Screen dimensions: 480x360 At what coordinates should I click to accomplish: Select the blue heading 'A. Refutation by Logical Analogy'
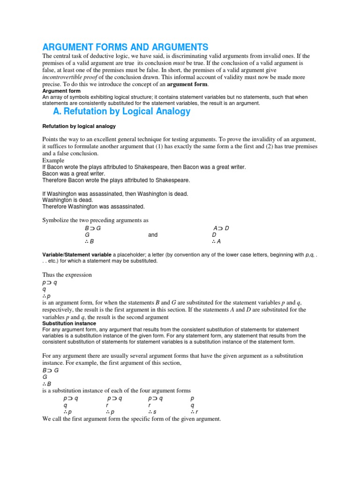(x=122, y=111)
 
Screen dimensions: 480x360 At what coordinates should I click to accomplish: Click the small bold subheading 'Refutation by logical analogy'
(x=79, y=127)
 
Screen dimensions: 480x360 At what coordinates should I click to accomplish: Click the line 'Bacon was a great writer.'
(x=74, y=173)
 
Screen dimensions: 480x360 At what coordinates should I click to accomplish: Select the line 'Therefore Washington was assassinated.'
(x=94, y=206)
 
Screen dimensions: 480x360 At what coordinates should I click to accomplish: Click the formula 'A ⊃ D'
(x=221, y=228)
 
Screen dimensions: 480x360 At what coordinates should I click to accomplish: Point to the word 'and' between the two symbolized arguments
(x=153, y=235)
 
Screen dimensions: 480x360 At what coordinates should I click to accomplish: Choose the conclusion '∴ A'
(x=216, y=242)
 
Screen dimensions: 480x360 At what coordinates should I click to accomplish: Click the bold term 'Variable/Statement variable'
(x=77, y=255)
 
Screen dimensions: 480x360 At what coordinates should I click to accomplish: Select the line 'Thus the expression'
(x=67, y=275)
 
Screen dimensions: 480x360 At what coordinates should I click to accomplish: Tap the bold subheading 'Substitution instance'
(x=69, y=323)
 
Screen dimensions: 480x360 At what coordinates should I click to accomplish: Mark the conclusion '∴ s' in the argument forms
(x=151, y=412)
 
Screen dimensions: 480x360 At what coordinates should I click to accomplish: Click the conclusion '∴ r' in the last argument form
(x=195, y=412)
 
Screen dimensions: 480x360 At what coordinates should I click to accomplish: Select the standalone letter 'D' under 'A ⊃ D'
(x=214, y=235)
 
